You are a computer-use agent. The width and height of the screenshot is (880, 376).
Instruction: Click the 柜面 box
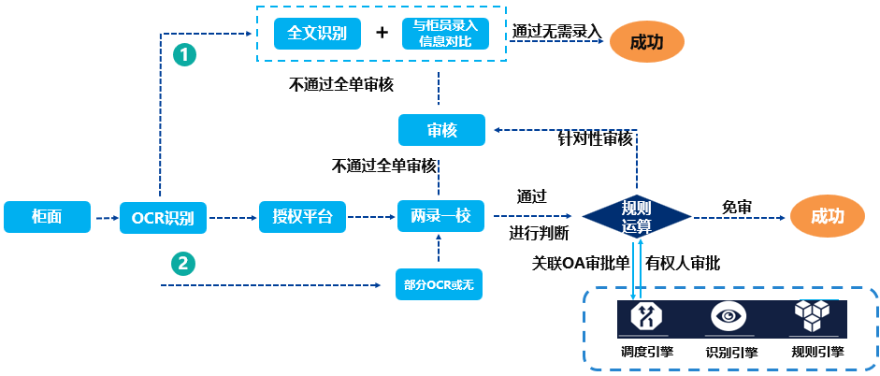click(47, 217)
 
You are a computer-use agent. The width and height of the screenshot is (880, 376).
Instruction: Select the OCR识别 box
click(164, 217)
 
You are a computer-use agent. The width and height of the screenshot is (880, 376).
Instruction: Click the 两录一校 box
click(440, 215)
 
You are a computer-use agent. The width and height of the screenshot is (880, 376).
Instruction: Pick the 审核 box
click(441, 130)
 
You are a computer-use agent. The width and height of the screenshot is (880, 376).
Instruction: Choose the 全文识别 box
click(316, 34)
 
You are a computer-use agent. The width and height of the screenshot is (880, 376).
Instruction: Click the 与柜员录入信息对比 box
click(446, 34)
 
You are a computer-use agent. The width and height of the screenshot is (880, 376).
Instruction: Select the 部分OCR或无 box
click(439, 284)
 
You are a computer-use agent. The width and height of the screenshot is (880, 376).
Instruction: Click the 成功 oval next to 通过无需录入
click(646, 43)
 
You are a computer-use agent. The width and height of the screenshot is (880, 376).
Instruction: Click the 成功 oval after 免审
click(828, 217)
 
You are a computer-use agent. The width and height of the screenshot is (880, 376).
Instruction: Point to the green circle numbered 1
click(184, 55)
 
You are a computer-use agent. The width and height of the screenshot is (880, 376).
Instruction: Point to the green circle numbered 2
click(183, 262)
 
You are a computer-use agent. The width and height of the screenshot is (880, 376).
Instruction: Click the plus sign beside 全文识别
click(382, 33)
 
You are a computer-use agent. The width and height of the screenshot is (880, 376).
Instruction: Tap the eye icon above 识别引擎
click(729, 316)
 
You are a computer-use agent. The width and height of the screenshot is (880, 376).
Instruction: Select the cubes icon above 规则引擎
click(812, 315)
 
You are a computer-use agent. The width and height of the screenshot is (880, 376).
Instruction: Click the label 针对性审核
click(595, 139)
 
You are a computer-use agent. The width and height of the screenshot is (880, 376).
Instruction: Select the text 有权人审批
click(683, 263)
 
